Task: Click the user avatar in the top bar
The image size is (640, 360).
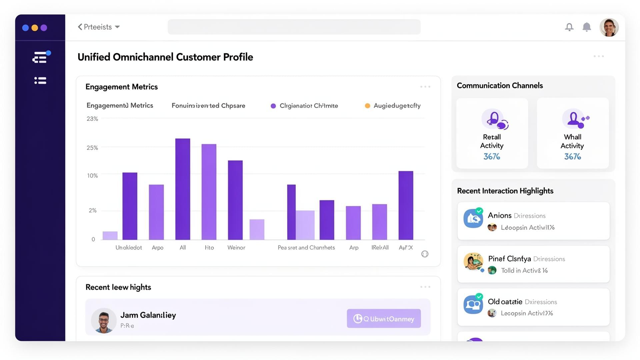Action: point(609,27)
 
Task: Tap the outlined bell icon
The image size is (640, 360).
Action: point(569,27)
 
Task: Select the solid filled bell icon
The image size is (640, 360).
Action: point(587,27)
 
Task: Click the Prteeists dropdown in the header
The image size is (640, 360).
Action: point(99,27)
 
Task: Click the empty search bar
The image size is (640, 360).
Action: point(294,27)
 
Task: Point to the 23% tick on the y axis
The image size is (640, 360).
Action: point(92,119)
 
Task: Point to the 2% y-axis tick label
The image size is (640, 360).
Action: point(92,210)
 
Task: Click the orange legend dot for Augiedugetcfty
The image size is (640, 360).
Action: point(367,106)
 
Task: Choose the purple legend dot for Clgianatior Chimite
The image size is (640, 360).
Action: point(273,106)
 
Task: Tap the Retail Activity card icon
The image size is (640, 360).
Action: point(494,119)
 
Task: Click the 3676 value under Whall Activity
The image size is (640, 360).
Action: point(572,156)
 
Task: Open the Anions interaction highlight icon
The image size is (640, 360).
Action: point(473,218)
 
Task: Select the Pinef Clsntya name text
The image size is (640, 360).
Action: point(509,259)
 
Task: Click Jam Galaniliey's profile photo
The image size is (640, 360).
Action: point(104,320)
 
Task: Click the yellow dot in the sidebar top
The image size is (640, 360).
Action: point(35,28)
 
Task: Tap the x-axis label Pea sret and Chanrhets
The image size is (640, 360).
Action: point(306,247)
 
